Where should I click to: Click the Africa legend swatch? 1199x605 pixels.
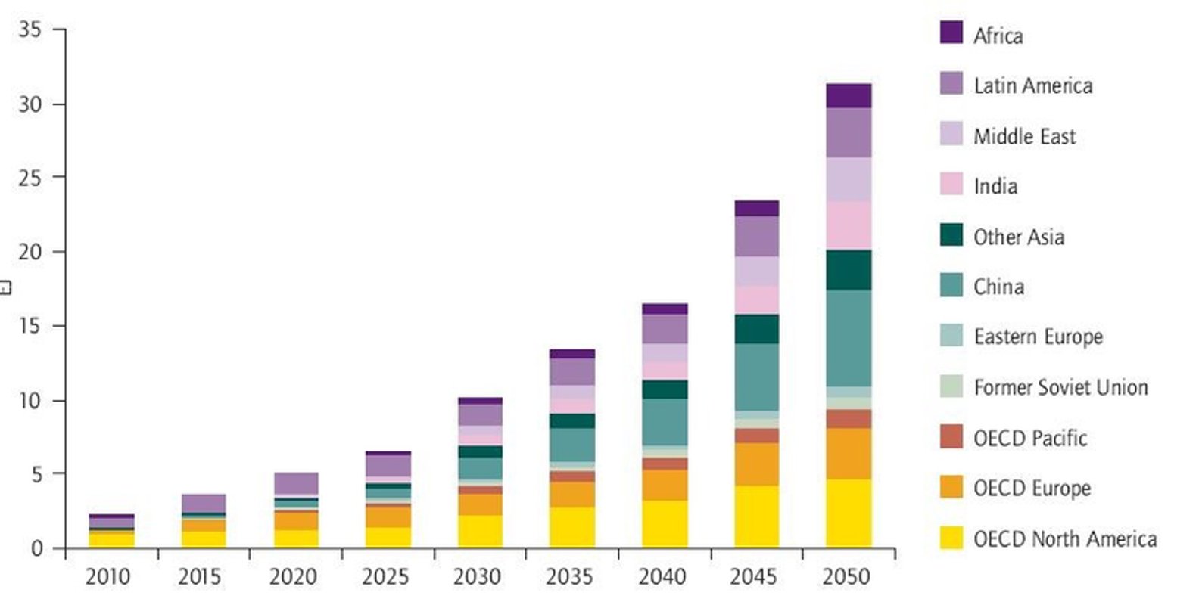click(x=951, y=33)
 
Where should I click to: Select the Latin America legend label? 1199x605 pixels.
click(x=1032, y=85)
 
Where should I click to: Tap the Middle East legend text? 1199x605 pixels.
click(x=1024, y=136)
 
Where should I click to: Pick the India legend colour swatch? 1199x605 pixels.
click(x=951, y=184)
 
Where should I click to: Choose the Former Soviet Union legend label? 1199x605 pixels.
click(x=1060, y=387)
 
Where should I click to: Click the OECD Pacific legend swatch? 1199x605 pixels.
click(x=951, y=436)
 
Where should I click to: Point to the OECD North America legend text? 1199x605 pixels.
click(x=1065, y=538)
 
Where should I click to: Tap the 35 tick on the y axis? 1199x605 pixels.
click(x=30, y=29)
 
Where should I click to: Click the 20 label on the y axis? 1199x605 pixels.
click(x=30, y=252)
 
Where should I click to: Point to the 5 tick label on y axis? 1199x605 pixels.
click(x=36, y=474)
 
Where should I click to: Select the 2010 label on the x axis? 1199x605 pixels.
click(x=107, y=577)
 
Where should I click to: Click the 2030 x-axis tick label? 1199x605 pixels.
click(x=477, y=577)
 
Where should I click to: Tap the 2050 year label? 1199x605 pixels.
click(x=846, y=577)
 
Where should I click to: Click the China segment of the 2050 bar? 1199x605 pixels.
click(x=849, y=338)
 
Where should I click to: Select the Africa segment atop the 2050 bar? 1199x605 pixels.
click(x=849, y=95)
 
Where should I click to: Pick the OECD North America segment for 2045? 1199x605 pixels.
click(x=756, y=517)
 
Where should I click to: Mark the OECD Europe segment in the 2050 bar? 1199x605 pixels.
click(x=849, y=454)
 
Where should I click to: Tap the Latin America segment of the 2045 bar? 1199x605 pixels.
click(x=756, y=236)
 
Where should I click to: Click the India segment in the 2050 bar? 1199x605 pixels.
click(x=849, y=225)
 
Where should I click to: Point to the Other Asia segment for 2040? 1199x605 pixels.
click(x=665, y=389)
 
